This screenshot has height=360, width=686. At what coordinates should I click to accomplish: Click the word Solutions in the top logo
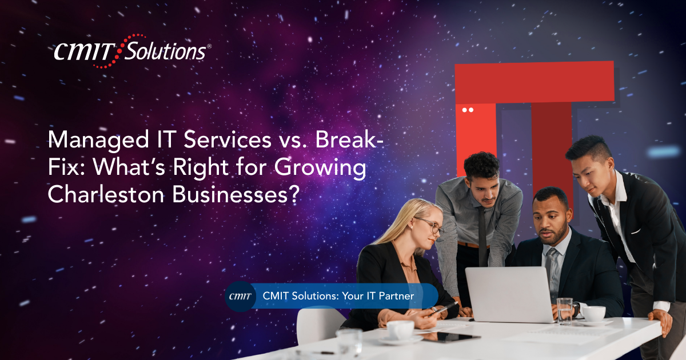click(x=165, y=51)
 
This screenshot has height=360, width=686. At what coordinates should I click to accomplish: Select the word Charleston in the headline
click(x=106, y=194)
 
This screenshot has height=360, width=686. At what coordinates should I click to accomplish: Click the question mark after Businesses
click(x=294, y=194)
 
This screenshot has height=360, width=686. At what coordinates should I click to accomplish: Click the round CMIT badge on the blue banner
click(x=241, y=297)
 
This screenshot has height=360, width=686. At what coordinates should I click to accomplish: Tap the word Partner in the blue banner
click(x=396, y=296)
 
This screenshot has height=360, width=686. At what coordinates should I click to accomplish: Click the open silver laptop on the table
click(x=510, y=294)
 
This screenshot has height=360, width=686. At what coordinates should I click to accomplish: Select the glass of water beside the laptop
click(x=564, y=311)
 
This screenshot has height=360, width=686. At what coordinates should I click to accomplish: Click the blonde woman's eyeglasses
click(x=431, y=226)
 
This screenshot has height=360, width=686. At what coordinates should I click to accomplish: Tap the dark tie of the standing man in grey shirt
click(x=482, y=235)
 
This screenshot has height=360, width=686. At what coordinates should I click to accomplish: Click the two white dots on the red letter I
click(x=468, y=110)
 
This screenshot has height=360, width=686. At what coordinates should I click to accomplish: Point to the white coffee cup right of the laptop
click(x=594, y=314)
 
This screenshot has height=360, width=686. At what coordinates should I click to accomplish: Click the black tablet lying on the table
click(x=450, y=337)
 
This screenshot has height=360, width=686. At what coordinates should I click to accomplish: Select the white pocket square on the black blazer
click(x=635, y=231)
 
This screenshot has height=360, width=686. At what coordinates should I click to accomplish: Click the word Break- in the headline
click(x=349, y=139)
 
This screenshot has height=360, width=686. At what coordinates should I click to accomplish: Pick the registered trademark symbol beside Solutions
click(x=209, y=46)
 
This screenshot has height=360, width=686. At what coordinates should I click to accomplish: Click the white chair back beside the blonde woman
click(x=318, y=325)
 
